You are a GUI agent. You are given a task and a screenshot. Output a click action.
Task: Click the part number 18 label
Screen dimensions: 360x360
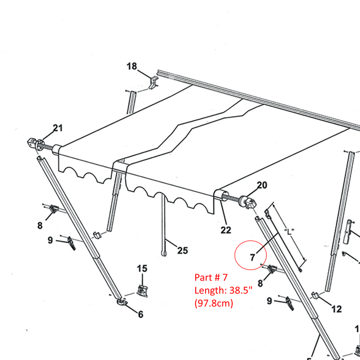(x=132, y=66)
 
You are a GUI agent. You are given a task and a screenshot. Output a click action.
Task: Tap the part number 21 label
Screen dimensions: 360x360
(x=58, y=128)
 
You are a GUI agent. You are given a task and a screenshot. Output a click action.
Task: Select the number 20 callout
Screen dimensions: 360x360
(x=262, y=185)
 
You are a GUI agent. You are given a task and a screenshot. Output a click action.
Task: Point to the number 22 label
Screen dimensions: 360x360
(x=226, y=230)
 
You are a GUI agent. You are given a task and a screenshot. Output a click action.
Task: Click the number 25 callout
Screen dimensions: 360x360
(x=183, y=250)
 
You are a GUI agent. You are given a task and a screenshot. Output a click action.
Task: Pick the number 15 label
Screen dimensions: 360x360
(x=142, y=268)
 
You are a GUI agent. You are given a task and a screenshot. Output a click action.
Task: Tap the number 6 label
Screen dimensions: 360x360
(x=141, y=314)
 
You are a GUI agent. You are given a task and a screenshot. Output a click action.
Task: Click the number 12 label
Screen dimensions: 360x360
(x=337, y=309)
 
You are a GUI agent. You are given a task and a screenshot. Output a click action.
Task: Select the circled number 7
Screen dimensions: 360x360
(x=252, y=257)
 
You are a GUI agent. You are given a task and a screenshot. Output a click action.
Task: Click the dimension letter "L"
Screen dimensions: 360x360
(x=289, y=231)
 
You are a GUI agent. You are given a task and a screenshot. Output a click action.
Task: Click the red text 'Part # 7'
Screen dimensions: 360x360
(x=211, y=277)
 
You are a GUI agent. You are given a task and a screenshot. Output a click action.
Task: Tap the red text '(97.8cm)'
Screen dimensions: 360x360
(x=214, y=303)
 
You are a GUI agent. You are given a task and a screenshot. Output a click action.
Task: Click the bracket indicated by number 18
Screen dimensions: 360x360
(x=154, y=83)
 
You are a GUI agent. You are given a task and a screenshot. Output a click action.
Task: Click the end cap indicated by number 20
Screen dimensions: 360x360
(x=247, y=202)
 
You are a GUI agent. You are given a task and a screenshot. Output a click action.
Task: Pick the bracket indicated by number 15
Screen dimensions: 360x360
(x=142, y=291)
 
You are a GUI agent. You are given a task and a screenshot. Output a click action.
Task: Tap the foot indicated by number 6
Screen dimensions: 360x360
(x=122, y=301)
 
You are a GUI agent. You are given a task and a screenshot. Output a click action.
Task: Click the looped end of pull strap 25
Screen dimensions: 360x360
(x=164, y=253)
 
